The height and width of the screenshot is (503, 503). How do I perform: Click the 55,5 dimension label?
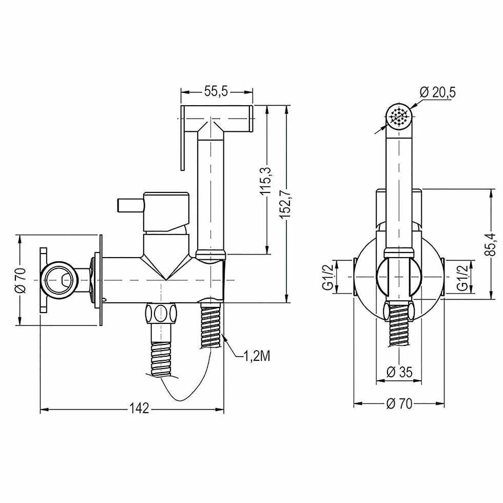[x=216, y=92]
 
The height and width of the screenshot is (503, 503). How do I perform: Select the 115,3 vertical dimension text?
[x=266, y=181]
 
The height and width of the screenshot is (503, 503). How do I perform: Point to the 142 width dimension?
[x=140, y=409]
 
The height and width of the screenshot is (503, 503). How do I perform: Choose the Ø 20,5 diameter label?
[x=437, y=92]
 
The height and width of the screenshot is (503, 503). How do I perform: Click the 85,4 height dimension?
[x=491, y=244]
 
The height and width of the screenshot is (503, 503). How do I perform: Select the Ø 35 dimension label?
[x=399, y=372]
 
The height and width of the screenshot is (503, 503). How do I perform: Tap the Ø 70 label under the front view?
[x=399, y=403]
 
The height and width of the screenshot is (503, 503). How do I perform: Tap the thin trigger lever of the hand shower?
[x=183, y=138]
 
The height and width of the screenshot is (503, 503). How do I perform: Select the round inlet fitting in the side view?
[x=60, y=280]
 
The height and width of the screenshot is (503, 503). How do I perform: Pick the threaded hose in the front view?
[x=399, y=324]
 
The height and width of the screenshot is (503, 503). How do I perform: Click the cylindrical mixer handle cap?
[x=166, y=211]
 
